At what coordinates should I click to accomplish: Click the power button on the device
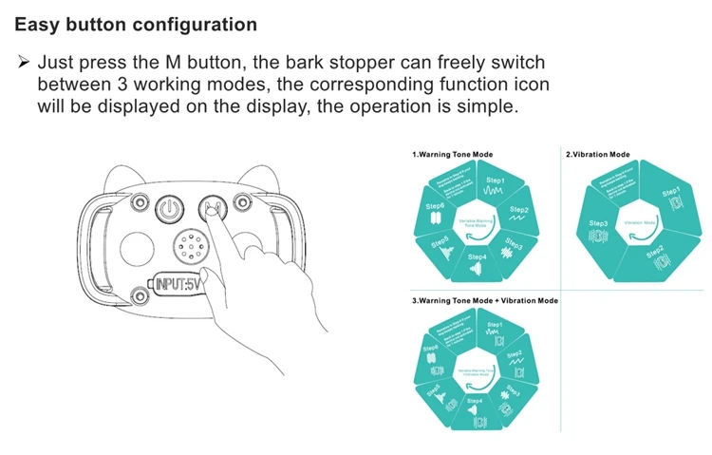point(168,210)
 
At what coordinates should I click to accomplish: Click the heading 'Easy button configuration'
point(136,25)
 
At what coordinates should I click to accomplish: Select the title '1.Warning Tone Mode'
point(452,154)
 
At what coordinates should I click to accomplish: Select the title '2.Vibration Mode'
point(598,154)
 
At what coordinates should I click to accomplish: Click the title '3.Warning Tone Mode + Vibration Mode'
point(485,301)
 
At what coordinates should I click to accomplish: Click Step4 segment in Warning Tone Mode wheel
point(477,261)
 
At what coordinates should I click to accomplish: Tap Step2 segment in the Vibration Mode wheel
point(655,255)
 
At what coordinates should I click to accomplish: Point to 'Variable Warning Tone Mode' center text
point(474,221)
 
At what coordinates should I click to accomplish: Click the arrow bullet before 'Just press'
point(25,63)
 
